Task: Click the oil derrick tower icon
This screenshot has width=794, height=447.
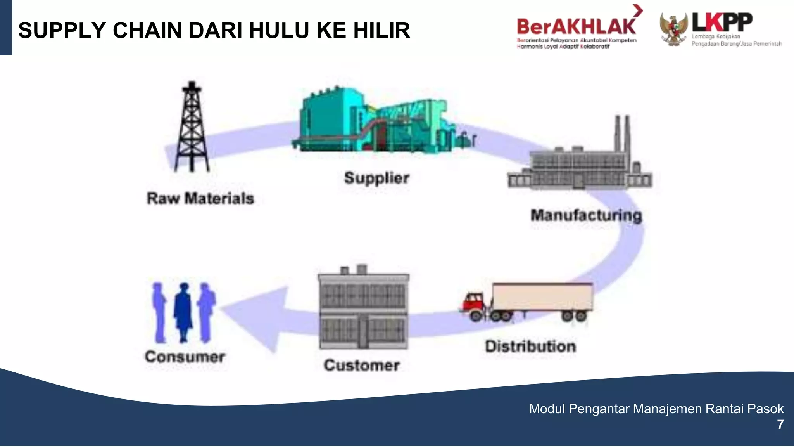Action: [192, 128]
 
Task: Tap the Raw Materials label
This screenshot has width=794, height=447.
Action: [200, 198]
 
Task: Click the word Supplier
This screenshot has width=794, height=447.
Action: [377, 178]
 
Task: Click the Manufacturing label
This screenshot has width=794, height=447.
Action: [586, 215]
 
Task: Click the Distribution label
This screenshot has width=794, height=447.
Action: [530, 347]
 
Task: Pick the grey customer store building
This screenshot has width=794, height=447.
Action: [363, 308]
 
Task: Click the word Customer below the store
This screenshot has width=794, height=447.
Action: [362, 366]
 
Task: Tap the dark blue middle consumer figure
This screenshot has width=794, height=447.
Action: [183, 312]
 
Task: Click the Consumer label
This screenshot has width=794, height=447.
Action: [185, 357]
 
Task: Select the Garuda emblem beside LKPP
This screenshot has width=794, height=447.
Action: [674, 29]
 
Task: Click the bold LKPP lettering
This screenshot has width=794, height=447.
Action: [722, 22]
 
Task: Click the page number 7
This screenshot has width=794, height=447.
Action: [780, 425]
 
